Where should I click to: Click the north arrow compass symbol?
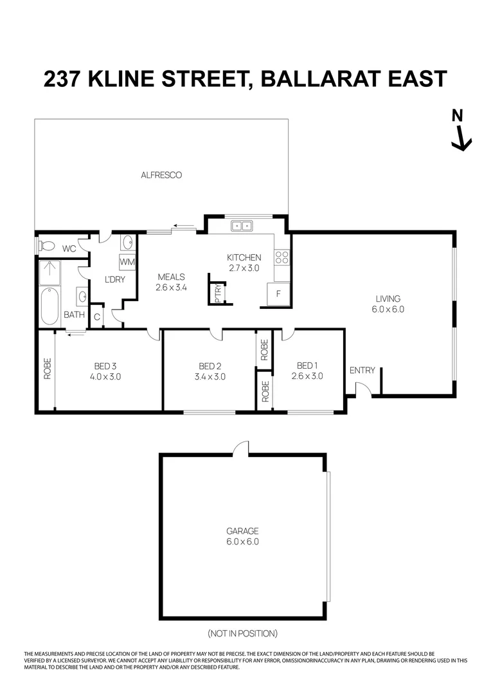[x=460, y=131]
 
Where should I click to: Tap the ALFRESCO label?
[x=161, y=174]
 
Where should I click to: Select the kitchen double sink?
[x=242, y=226]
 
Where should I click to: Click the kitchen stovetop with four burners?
[x=281, y=258]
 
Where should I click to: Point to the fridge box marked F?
[x=278, y=293]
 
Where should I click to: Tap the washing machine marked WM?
[x=127, y=263]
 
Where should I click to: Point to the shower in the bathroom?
[x=49, y=272]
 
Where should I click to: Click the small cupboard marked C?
[x=97, y=316]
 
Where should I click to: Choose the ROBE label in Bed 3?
[x=47, y=368]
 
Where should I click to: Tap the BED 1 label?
[x=305, y=365]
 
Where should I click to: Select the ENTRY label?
[x=362, y=370]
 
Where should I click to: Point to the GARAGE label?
[x=242, y=531]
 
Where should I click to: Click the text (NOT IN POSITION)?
[x=242, y=633]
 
